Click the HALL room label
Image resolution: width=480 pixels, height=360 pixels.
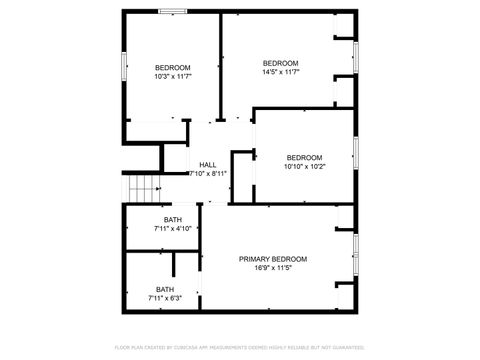tap(207, 165)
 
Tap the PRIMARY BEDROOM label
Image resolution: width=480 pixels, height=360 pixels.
tap(273, 259)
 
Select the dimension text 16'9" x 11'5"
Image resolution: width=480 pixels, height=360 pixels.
tap(273, 268)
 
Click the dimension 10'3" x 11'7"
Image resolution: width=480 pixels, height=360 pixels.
tap(172, 76)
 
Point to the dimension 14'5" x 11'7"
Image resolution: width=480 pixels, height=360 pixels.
tap(281, 71)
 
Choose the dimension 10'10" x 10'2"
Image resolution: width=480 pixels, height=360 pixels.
tap(305, 166)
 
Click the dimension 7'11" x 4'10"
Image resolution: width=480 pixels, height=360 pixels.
tap(173, 228)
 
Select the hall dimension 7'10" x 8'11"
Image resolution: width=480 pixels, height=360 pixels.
tap(207, 173)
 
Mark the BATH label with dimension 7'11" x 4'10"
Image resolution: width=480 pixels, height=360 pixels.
tap(173, 220)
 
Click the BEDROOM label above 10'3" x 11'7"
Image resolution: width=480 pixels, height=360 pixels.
tap(172, 68)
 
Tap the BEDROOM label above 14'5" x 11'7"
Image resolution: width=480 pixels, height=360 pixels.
tap(281, 63)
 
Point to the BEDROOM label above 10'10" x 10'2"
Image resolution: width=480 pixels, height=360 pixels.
tap(305, 157)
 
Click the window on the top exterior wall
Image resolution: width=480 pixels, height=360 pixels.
tap(173, 11)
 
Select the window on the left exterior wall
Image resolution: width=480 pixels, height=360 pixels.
tap(123, 65)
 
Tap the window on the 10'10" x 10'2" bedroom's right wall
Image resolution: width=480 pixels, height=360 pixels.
tap(356, 155)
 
